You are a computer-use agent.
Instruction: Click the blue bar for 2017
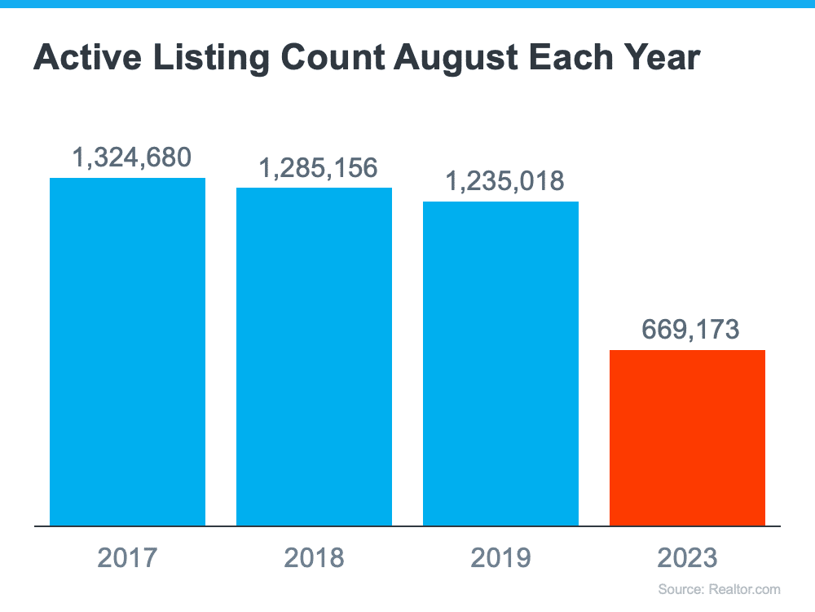tap(127, 351)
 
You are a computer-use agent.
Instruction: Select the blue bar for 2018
tap(314, 357)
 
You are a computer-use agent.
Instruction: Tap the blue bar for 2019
tap(500, 363)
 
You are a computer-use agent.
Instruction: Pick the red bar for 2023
tap(687, 437)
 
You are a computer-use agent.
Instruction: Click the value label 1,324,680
tap(127, 157)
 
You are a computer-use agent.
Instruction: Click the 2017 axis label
tap(127, 558)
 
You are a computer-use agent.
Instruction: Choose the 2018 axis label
tap(314, 558)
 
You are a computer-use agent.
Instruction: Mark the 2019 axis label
tap(500, 558)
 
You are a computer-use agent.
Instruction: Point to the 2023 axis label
tap(687, 558)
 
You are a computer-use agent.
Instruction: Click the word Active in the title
tap(82, 58)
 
